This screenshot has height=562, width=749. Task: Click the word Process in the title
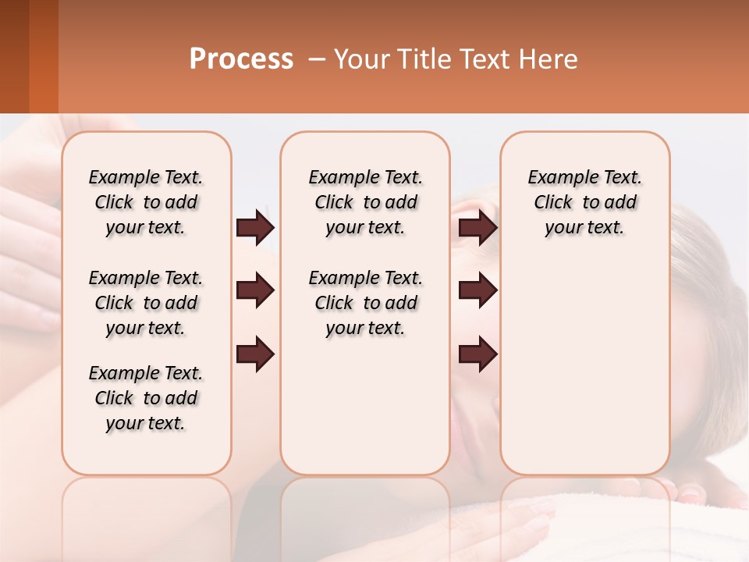241,59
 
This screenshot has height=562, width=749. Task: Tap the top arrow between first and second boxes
255,227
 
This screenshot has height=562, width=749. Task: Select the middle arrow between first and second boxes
255,290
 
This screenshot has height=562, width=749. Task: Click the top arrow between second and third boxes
477,227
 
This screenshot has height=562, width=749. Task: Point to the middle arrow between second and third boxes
477,290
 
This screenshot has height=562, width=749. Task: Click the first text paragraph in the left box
146,202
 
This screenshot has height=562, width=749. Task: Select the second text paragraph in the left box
146,303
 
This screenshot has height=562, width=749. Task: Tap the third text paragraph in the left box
146,398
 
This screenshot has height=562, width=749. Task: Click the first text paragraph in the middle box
365,202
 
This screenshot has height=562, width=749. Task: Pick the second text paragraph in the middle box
365,303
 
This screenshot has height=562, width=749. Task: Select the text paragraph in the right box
584,202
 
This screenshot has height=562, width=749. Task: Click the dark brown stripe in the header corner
14,56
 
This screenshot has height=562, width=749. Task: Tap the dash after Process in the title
317,60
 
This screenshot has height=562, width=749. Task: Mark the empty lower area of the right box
584,367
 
